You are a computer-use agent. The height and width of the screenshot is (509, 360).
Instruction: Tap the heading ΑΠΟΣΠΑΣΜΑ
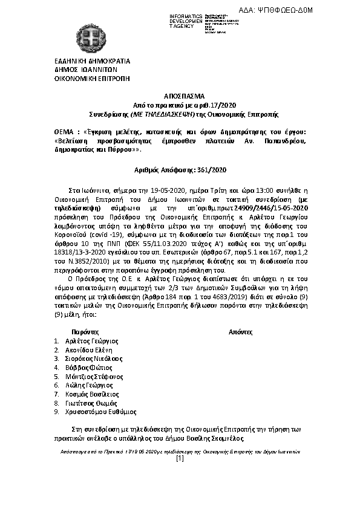[179, 96]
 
